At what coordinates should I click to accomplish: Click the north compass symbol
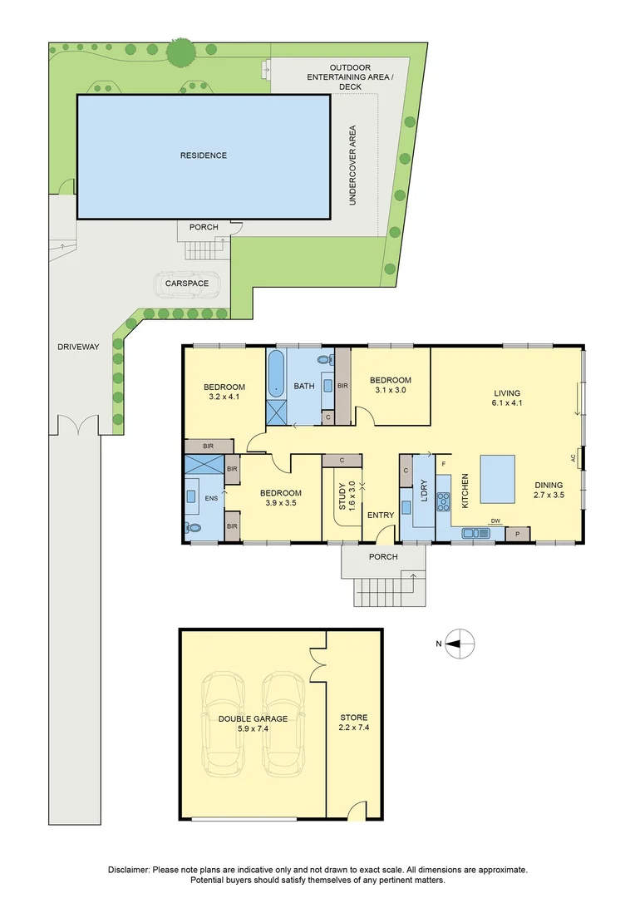[460, 643]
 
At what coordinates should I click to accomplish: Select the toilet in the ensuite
[194, 527]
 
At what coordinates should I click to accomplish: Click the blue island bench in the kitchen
[496, 480]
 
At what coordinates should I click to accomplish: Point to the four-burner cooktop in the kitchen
[444, 501]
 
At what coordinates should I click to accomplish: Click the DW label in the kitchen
[495, 521]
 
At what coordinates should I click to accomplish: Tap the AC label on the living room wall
[573, 457]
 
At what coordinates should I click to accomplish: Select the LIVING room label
[506, 393]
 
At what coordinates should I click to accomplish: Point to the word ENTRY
[381, 516]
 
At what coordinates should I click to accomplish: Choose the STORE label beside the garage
[353, 718]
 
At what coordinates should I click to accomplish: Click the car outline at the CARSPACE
[187, 284]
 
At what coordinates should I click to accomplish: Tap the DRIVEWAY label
[79, 347]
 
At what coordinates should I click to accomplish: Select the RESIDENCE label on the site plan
[204, 155]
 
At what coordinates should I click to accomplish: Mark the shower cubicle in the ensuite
[204, 466]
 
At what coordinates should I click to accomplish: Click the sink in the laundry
[408, 506]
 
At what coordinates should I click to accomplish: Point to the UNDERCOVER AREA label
[352, 165]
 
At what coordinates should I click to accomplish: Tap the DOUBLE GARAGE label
[253, 718]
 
